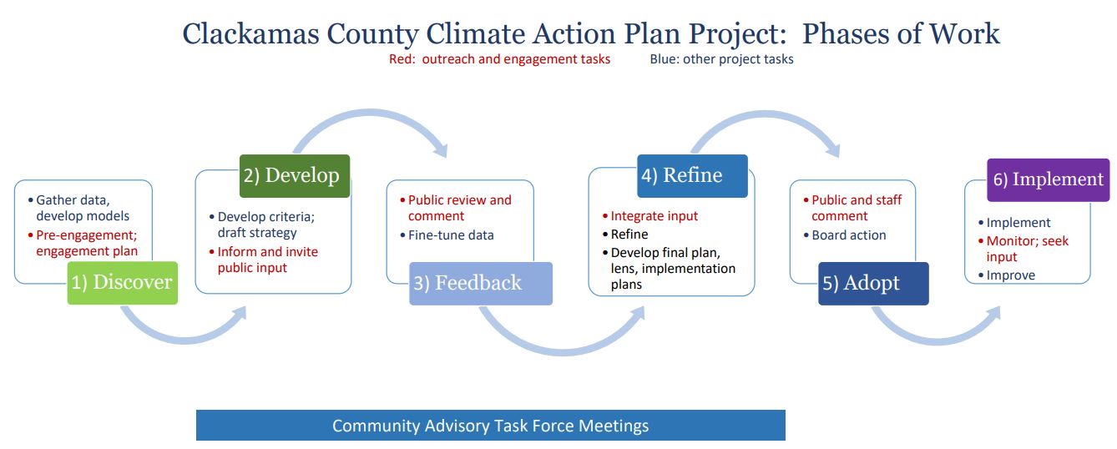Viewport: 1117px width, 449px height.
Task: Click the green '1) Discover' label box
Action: pyautogui.click(x=123, y=283)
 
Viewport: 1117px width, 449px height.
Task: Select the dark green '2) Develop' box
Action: pyautogui.click(x=295, y=176)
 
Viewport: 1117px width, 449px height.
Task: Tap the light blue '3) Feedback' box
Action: pyautogui.click(x=481, y=284)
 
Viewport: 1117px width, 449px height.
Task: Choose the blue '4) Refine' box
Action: pyautogui.click(x=693, y=176)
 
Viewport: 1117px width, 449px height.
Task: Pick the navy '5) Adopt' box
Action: pyautogui.click(x=874, y=284)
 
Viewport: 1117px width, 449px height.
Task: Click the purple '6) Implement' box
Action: pyautogui.click(x=1049, y=180)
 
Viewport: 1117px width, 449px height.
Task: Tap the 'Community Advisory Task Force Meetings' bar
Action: pyautogui.click(x=491, y=425)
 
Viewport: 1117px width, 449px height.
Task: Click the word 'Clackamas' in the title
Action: pyautogui.click(x=250, y=34)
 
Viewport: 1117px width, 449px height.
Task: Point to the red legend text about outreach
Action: pyautogui.click(x=500, y=59)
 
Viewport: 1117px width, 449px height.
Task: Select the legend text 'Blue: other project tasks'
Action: pyautogui.click(x=721, y=59)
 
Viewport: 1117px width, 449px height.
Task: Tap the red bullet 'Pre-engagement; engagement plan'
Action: pyautogui.click(x=83, y=243)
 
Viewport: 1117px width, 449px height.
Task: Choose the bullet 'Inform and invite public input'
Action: pyautogui.click(x=265, y=260)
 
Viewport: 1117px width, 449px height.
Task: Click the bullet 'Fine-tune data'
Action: pyautogui.click(x=447, y=235)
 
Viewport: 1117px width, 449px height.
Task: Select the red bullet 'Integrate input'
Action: pyautogui.click(x=651, y=216)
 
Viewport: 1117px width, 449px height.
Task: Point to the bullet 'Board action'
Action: pyautogui.click(x=845, y=235)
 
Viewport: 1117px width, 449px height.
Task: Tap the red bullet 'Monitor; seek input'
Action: pyautogui.click(x=1023, y=249)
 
